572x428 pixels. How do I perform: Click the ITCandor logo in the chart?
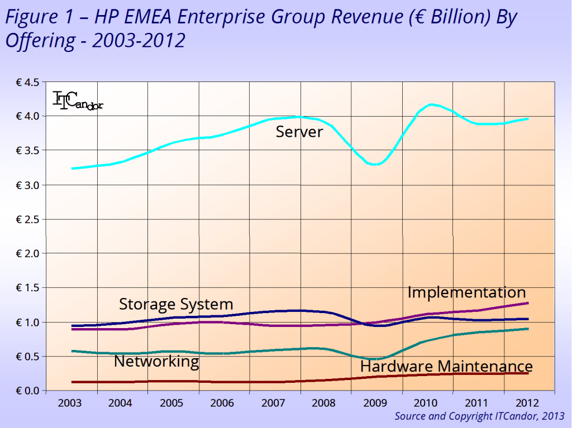[x=77, y=100]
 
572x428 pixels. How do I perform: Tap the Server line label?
[x=299, y=132]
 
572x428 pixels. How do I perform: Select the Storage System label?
[x=176, y=304]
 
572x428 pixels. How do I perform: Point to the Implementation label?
[x=466, y=292]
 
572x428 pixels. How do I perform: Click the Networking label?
[x=156, y=361]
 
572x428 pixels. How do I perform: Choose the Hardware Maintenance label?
[x=446, y=366]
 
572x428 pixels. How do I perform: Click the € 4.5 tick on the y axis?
[x=27, y=82]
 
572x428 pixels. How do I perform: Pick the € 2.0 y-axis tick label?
[x=27, y=253]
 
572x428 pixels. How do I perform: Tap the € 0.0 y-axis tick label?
[x=27, y=390]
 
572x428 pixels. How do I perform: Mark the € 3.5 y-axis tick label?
[x=27, y=151]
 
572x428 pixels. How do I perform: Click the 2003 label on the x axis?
[x=71, y=403]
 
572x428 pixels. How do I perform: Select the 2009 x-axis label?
[x=376, y=403]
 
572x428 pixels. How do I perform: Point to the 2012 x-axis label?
[x=529, y=403]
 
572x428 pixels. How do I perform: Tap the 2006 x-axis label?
[x=224, y=403]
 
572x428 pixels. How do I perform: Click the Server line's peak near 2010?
[x=431, y=104]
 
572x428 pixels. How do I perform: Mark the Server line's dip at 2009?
[x=376, y=165]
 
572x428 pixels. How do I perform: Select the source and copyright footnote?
[x=479, y=416]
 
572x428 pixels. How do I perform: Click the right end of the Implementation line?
[x=527, y=303]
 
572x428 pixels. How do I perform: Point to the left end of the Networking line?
[x=73, y=351]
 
